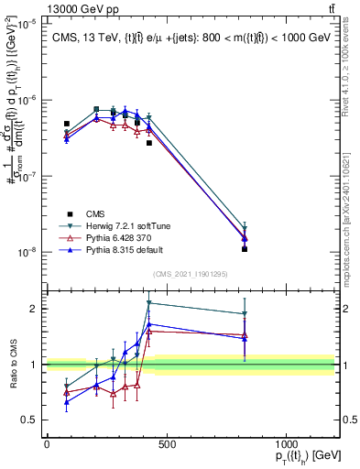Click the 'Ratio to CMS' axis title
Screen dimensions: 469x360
12,365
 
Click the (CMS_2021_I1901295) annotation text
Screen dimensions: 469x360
190,274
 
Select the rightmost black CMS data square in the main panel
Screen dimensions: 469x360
245,249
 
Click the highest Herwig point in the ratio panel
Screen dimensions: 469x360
149,302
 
